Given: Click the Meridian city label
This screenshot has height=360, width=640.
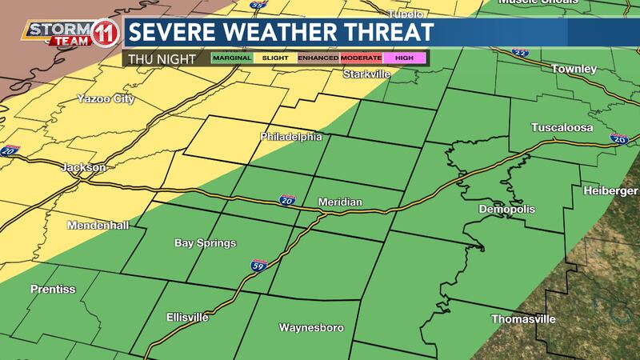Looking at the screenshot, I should (x=340, y=202).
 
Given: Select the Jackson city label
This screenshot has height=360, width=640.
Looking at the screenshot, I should (x=83, y=168).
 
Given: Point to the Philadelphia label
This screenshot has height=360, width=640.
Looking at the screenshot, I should (x=291, y=137).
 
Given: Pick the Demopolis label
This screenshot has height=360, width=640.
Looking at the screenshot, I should (x=506, y=209).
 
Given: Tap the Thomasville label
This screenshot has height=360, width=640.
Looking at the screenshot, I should (x=522, y=319).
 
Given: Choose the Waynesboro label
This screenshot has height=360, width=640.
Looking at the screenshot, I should (x=310, y=328).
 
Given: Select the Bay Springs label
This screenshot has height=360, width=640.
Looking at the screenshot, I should (x=205, y=242).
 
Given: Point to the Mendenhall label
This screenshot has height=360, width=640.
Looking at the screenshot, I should (x=98, y=226).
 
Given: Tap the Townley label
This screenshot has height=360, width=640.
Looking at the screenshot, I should (x=574, y=70).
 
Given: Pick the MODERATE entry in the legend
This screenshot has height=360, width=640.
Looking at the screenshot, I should (x=362, y=58).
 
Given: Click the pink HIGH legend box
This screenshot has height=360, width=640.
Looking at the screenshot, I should (x=406, y=58).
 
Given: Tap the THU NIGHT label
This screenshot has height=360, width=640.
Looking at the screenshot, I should (x=157, y=58).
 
